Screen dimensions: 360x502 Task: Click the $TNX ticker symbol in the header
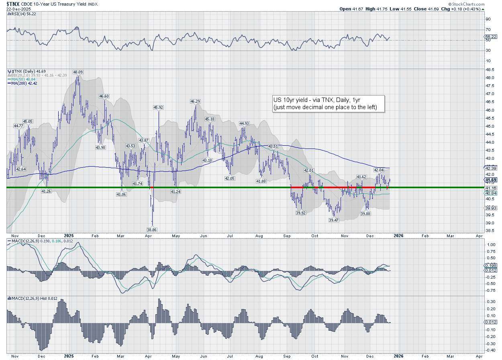13,4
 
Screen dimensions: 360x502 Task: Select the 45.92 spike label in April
158,108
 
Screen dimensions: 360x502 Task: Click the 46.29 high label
195,102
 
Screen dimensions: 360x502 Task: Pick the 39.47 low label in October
333,220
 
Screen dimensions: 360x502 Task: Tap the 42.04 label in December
379,170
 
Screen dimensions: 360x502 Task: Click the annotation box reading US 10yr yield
327,104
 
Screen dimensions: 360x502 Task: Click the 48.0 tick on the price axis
488,77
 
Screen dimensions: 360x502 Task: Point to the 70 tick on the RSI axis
488,30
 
